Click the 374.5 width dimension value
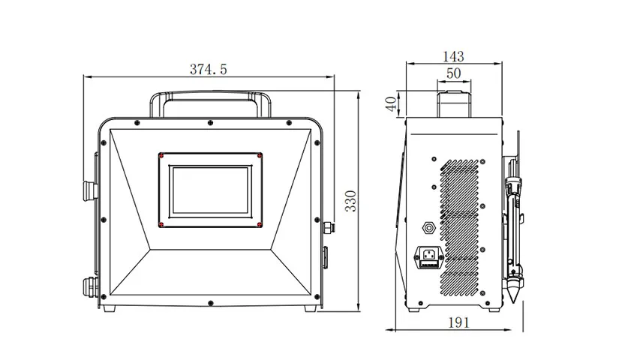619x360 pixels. (208, 69)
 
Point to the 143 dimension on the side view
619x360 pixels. (453, 56)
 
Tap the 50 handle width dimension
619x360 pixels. (453, 73)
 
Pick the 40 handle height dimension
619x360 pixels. (391, 103)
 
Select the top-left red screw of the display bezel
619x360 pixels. (161, 156)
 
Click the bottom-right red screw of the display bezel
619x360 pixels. (258, 223)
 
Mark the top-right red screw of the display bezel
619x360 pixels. (258, 156)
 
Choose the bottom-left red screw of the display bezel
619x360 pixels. (161, 223)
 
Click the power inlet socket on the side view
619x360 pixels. (428, 258)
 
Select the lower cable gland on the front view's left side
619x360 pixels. (89, 287)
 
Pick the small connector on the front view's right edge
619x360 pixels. (329, 226)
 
